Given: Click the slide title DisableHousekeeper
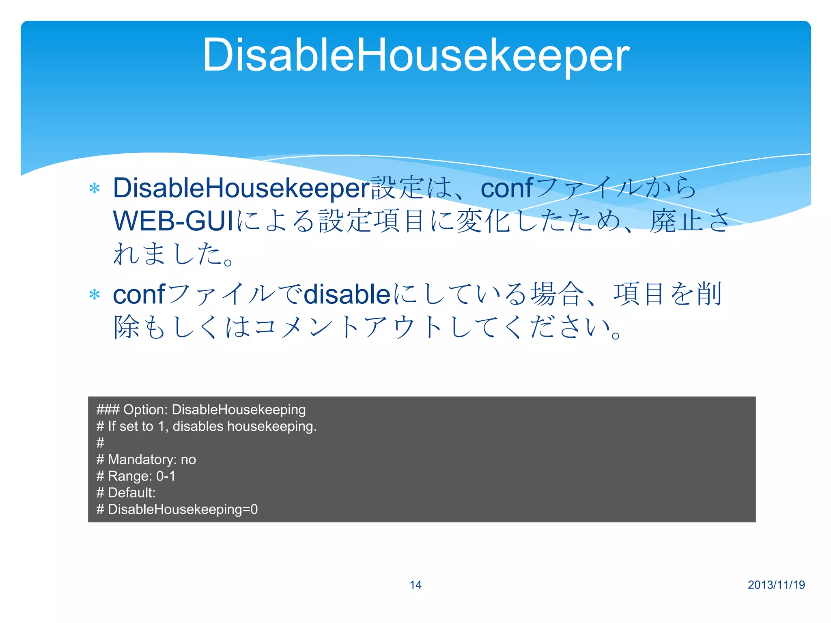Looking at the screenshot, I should (415, 55).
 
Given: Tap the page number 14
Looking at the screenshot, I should (415, 584).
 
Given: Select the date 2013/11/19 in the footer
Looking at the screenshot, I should (776, 584).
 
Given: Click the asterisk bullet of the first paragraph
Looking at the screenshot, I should (95, 189).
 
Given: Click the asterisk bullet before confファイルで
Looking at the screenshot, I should (95, 295).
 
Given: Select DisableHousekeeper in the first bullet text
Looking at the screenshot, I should (241, 189).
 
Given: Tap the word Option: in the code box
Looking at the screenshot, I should (145, 410).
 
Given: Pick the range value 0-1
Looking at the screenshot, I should (166, 476).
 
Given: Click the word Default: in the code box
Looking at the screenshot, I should (131, 493).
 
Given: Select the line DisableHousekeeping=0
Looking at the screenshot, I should (183, 509).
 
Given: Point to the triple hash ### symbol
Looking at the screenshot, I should (108, 410).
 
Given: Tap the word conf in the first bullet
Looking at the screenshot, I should (506, 189).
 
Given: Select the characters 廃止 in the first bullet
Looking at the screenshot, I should (676, 221).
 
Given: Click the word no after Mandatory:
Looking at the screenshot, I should (188, 460).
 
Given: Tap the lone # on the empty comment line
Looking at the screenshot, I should (100, 443).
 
